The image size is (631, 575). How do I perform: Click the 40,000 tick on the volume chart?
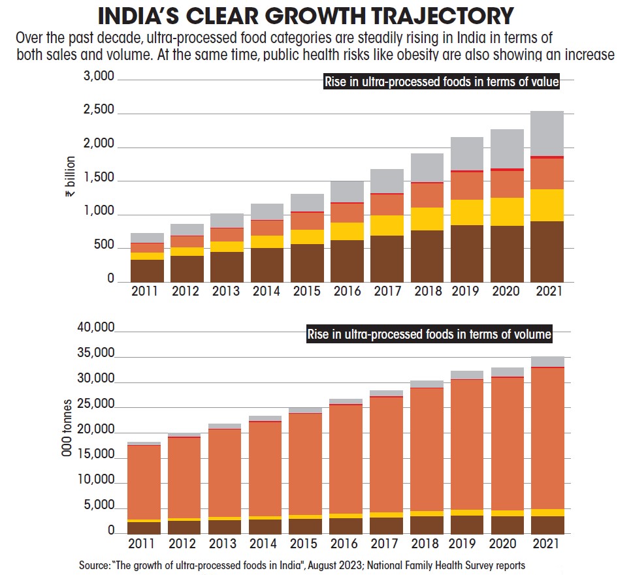coord(96,328)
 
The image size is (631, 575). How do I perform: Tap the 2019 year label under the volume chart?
coord(466,544)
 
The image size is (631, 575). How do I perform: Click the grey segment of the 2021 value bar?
coord(546,133)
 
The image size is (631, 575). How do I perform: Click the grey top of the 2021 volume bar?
coord(546,362)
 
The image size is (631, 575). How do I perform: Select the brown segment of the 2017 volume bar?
coord(386,525)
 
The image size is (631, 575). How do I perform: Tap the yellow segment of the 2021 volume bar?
coord(546,512)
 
